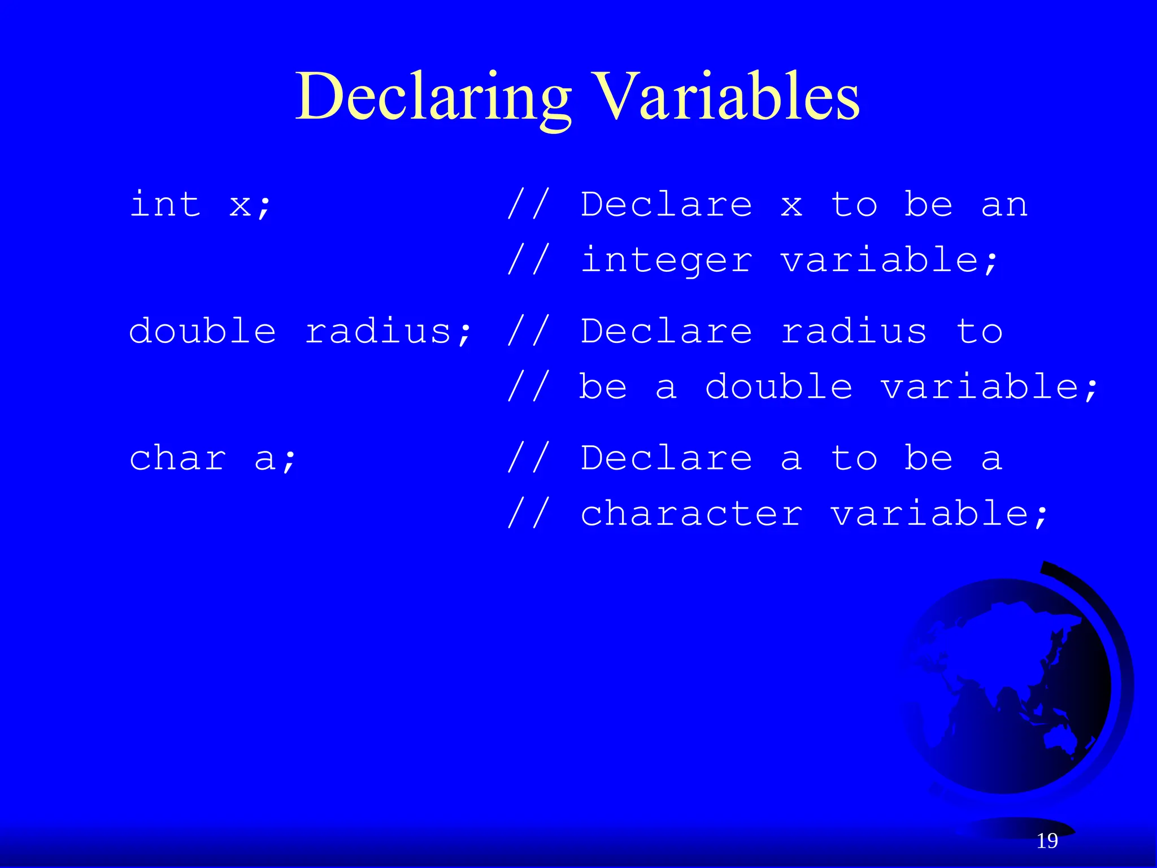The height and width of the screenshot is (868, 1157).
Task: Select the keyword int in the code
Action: click(165, 205)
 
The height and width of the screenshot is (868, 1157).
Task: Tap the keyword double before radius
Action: click(202, 331)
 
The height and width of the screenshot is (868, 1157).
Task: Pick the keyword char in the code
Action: click(178, 458)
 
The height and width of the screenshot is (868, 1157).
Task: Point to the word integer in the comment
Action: click(667, 261)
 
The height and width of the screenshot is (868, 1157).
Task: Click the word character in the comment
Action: click(691, 514)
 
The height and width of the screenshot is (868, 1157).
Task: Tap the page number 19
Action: click(1047, 841)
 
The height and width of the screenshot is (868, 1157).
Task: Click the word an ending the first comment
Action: click(1004, 205)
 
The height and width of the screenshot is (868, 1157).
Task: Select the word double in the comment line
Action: click(778, 388)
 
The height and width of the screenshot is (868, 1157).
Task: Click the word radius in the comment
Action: click(854, 331)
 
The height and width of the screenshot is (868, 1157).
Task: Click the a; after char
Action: click(275, 459)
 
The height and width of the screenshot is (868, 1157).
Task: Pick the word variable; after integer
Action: click(890, 261)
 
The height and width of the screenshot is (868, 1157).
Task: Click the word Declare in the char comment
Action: click(667, 458)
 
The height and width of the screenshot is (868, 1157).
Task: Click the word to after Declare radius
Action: click(980, 331)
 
